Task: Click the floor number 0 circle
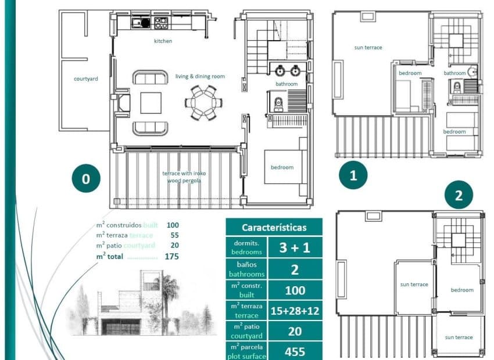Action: point(86,179)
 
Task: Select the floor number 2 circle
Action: point(459,196)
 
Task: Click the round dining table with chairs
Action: point(203,103)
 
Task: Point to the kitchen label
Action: point(163,41)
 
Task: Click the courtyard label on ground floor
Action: point(85,78)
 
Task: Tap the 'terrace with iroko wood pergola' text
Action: point(184,177)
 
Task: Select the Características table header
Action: point(274,228)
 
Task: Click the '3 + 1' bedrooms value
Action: point(295,247)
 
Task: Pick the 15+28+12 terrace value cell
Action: point(295,311)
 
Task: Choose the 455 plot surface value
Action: point(295,351)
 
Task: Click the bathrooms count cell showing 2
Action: point(295,269)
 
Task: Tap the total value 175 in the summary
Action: point(171,256)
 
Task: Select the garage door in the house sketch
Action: point(120,327)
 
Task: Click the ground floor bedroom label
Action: point(282,167)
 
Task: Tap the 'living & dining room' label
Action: point(200,76)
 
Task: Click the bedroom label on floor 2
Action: point(462,290)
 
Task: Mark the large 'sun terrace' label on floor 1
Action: point(368,48)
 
